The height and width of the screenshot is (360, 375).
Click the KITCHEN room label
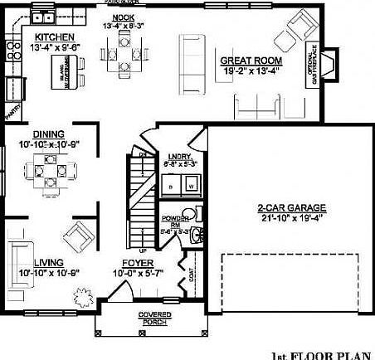[56, 38]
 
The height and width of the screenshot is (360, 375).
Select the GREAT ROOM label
[251, 61]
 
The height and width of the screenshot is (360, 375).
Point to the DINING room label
[49, 133]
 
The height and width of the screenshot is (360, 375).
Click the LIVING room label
[48, 263]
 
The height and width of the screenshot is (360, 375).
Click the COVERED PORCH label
[154, 318]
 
